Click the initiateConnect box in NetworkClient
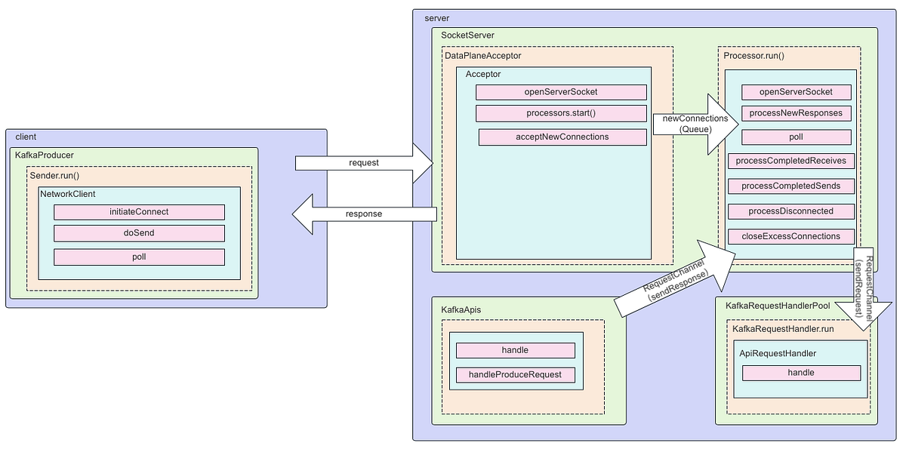click(x=139, y=212)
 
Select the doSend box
click(x=139, y=233)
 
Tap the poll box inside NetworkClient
click(x=139, y=257)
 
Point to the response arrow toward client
click(x=364, y=214)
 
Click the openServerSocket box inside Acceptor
click(x=561, y=92)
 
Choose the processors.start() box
click(x=561, y=113)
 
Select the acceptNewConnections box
click(x=562, y=137)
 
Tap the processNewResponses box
click(x=796, y=113)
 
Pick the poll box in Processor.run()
click(x=796, y=137)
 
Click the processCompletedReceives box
click(x=791, y=161)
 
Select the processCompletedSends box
click(x=791, y=186)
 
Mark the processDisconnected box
click(x=791, y=211)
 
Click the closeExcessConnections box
click(x=791, y=236)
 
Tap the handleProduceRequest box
click(x=515, y=375)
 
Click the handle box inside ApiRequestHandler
click(x=801, y=373)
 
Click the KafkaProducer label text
click(x=45, y=155)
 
